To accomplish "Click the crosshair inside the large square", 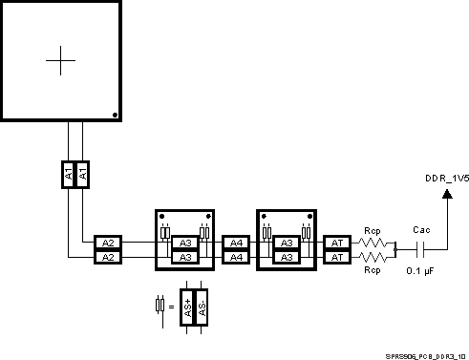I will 60,60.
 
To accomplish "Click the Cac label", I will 420,230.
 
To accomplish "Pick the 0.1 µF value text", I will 420,271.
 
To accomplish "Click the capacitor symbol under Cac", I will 420,250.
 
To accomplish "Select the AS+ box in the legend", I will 188,307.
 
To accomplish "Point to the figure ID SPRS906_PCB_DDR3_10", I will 425,352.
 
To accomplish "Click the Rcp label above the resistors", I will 373,230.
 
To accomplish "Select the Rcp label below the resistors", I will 373,271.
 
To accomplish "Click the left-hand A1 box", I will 69,174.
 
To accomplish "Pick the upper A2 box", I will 108,244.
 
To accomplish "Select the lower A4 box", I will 235,257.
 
